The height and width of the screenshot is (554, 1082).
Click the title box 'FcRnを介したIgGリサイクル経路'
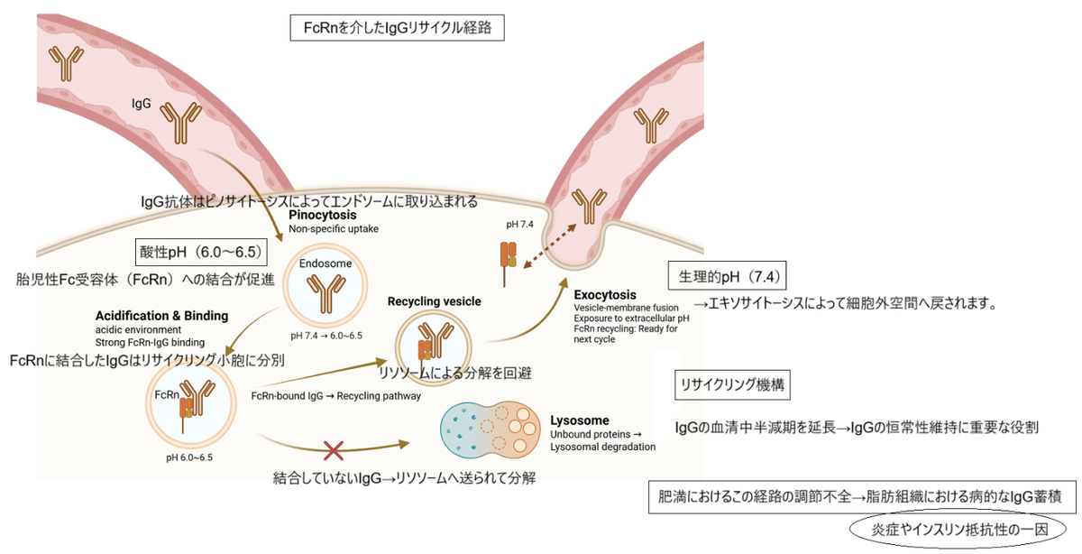pyautogui.click(x=397, y=27)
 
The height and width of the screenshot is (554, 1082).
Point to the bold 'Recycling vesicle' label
pyautogui.click(x=434, y=300)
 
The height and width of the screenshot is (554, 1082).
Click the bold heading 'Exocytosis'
pyautogui.click(x=604, y=295)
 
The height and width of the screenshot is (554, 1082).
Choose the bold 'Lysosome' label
pyautogui.click(x=580, y=420)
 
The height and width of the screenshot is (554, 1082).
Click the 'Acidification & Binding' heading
pyautogui.click(x=161, y=316)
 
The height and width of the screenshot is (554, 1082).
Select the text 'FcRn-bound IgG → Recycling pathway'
pyautogui.click(x=336, y=395)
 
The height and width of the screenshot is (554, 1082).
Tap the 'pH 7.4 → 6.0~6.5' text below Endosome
pyautogui.click(x=326, y=336)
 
